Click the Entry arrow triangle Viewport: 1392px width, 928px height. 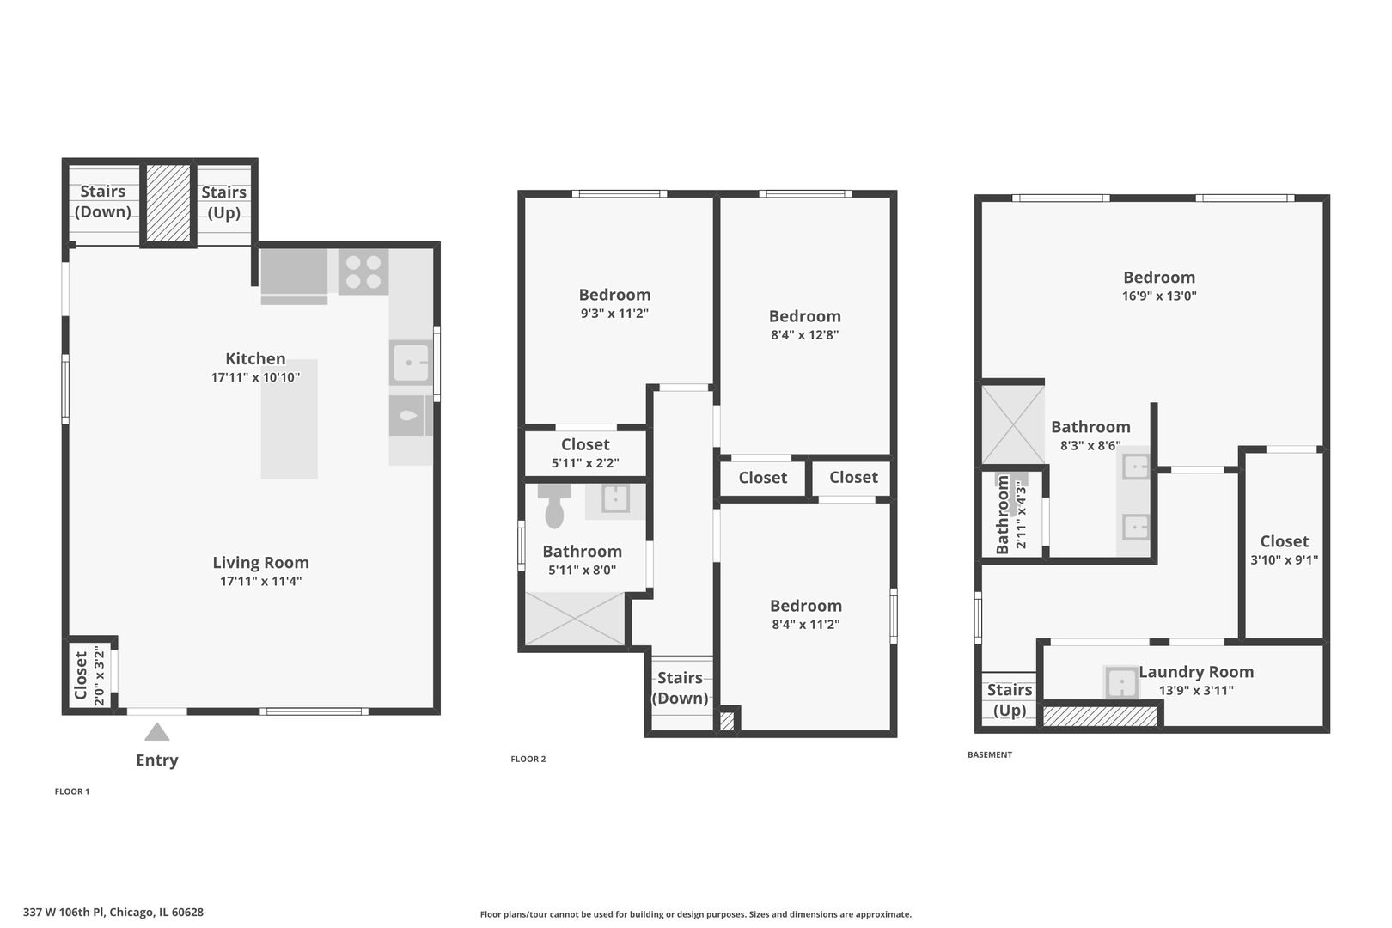(x=156, y=732)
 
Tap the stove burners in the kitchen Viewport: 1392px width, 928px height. (x=363, y=272)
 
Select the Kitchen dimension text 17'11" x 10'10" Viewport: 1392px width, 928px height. (x=255, y=377)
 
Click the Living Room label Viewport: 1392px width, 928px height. (x=260, y=563)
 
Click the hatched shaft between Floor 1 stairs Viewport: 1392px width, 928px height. (x=168, y=204)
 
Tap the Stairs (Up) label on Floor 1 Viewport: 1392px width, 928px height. (x=223, y=203)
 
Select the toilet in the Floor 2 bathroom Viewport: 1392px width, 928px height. (x=554, y=507)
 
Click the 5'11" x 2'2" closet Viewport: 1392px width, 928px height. (x=585, y=453)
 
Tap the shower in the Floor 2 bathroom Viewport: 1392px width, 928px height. (x=575, y=618)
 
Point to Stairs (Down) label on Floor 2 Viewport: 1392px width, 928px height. (x=680, y=687)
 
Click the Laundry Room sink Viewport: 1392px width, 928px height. (x=1121, y=684)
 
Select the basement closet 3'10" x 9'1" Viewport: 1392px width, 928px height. (x=1284, y=549)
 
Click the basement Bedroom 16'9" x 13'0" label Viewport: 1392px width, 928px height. (x=1158, y=278)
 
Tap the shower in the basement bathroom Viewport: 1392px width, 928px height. (x=1013, y=425)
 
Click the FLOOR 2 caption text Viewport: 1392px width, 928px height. (x=528, y=759)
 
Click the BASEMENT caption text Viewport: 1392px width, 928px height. (x=989, y=754)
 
